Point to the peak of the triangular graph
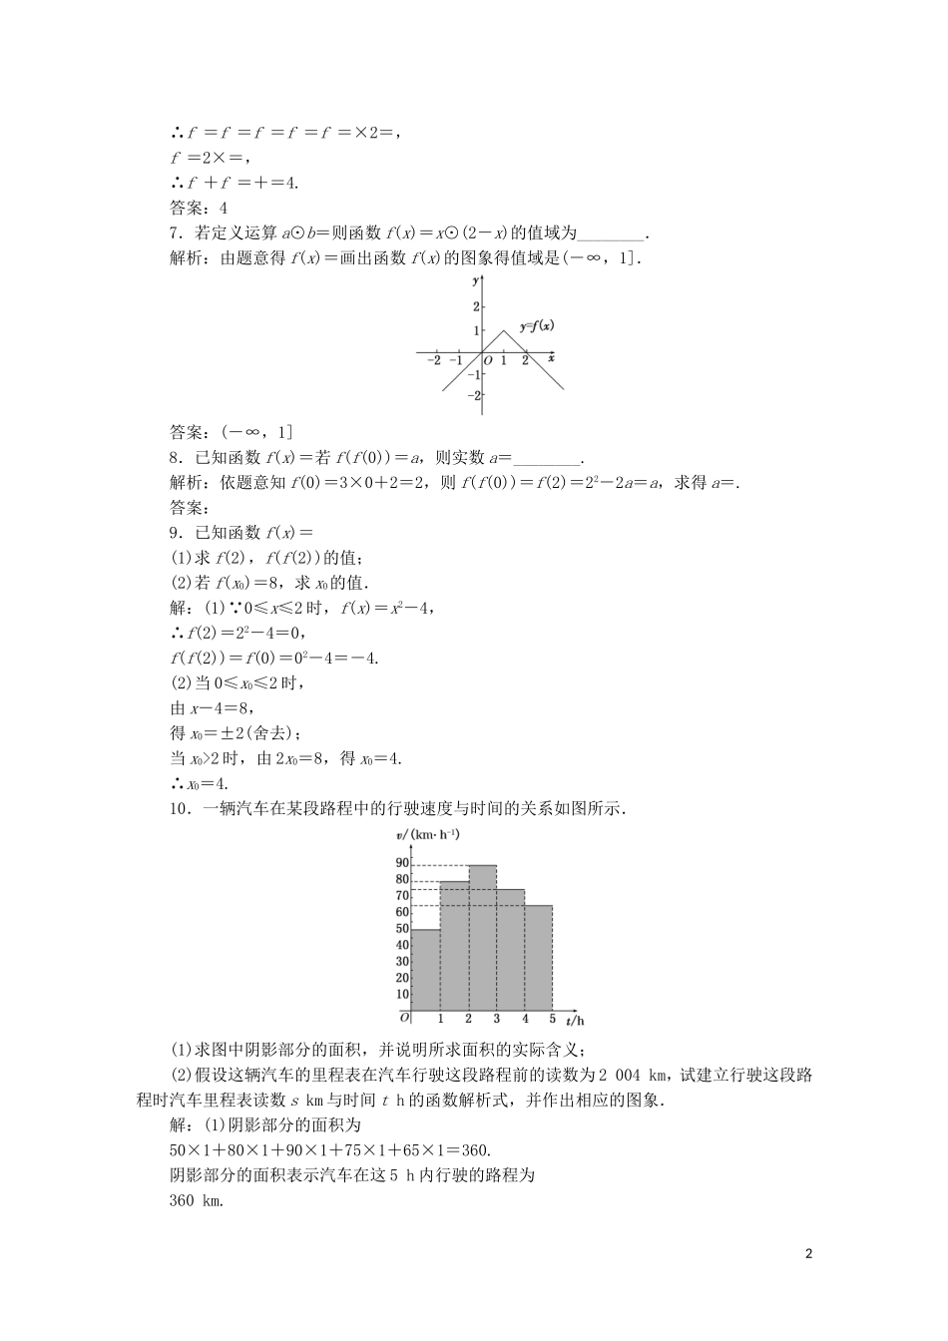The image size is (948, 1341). coord(504,331)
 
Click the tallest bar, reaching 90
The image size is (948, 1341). coord(482,938)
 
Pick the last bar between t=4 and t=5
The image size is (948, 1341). coord(538,958)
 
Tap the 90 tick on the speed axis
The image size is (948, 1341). coord(402,863)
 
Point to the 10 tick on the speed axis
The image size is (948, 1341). coord(402,994)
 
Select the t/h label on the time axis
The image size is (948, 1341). coord(575,1021)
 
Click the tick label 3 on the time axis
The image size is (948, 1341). coord(496,1019)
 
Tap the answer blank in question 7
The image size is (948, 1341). coord(612,234)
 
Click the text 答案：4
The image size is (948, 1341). coord(199,208)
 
